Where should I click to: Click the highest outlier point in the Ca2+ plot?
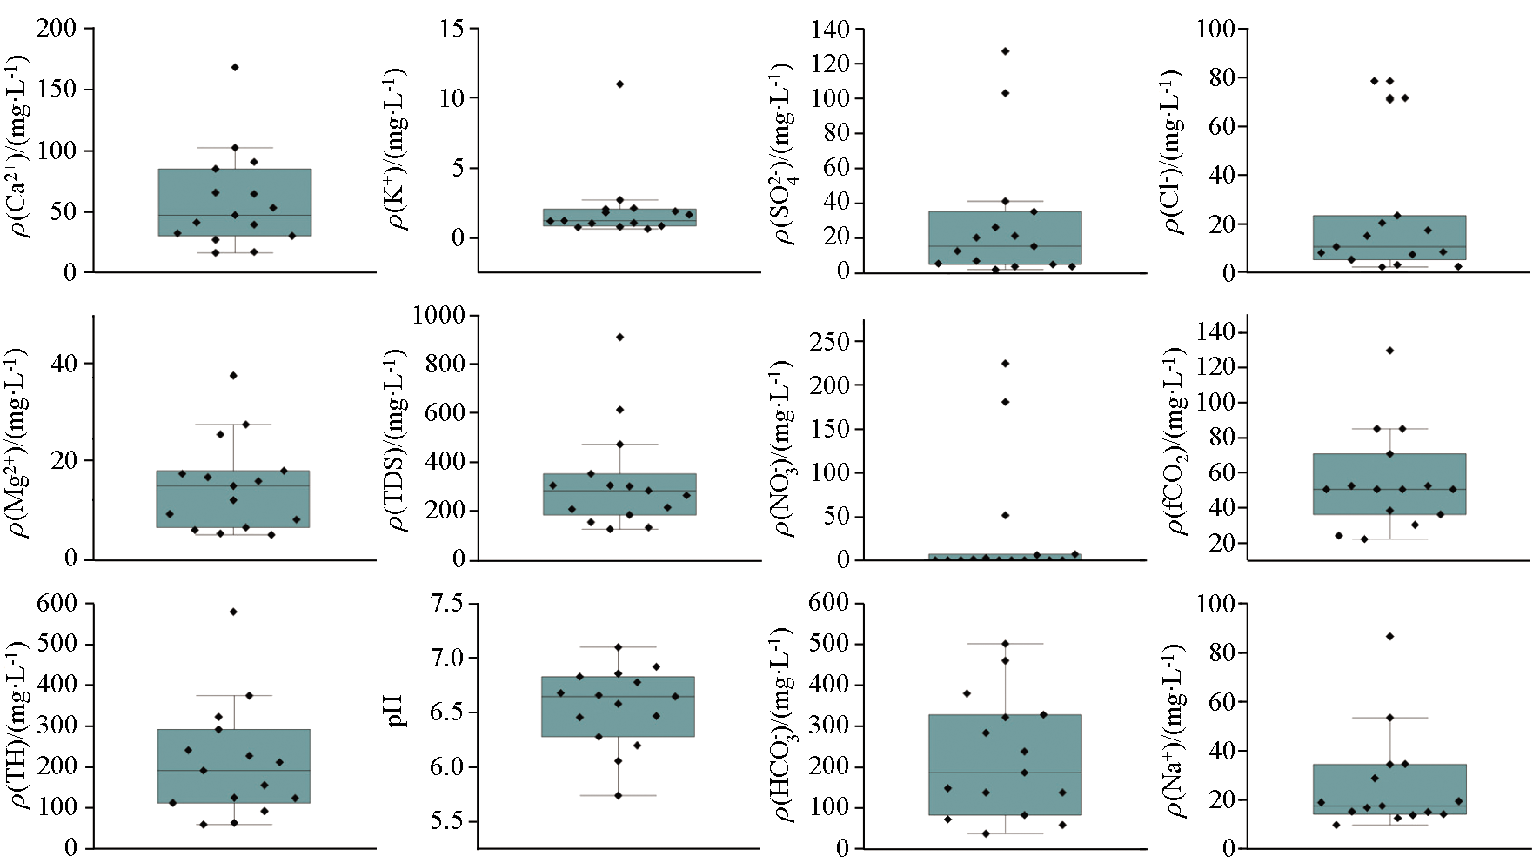[235, 67]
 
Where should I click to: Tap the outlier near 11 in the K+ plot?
[619, 84]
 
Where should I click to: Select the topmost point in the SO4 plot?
[1005, 51]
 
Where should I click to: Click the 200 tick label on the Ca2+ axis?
[57, 29]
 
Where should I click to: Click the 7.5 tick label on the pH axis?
[449, 604]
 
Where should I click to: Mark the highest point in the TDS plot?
[619, 337]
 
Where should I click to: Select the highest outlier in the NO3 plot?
[1005, 363]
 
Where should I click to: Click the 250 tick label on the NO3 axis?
[829, 341]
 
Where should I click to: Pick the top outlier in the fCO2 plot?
[1389, 351]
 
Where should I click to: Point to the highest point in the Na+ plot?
[1389, 637]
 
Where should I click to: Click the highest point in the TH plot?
[233, 612]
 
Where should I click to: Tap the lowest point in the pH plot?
[619, 795]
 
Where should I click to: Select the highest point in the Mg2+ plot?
[233, 376]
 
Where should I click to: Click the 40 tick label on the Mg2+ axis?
[64, 364]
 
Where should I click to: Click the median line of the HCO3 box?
[1005, 773]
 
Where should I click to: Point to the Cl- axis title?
[1174, 152]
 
